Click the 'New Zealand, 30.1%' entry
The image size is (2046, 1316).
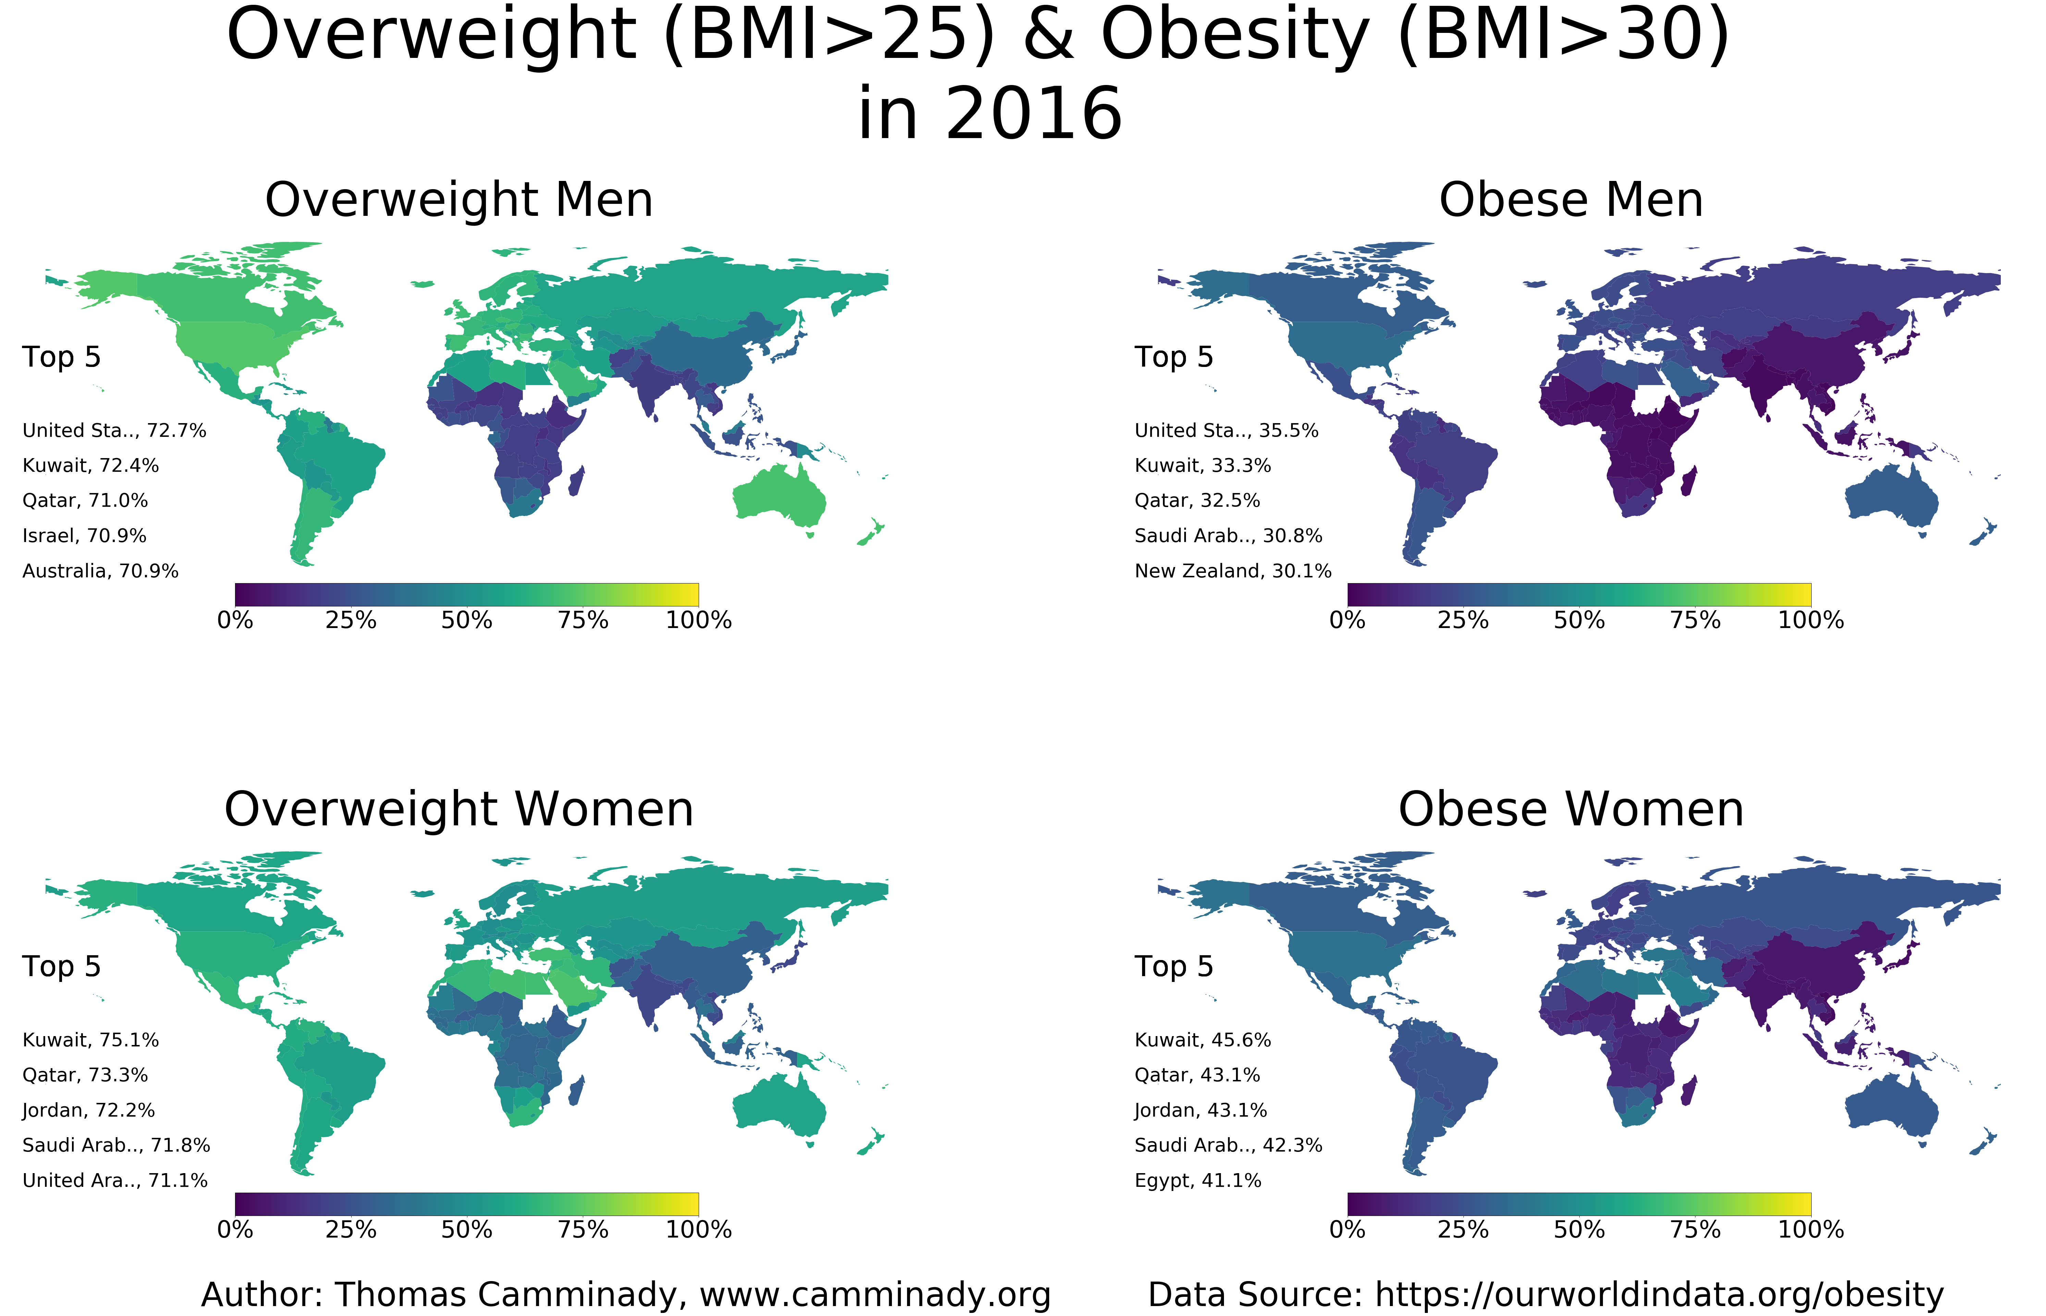pyautogui.click(x=1233, y=571)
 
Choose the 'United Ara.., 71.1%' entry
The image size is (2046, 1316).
pyautogui.click(x=114, y=1180)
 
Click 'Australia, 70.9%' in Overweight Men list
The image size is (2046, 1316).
pyautogui.click(x=100, y=571)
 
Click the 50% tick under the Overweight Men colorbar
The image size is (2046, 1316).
pyautogui.click(x=467, y=620)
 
